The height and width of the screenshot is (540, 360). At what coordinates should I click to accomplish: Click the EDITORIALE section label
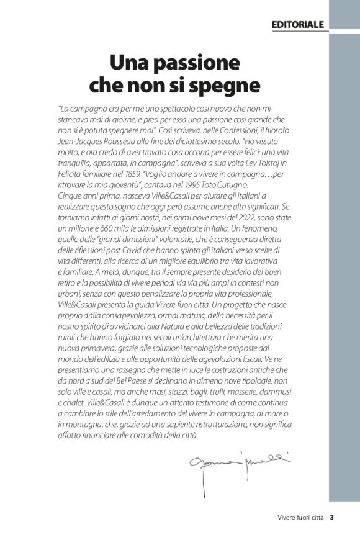[298, 24]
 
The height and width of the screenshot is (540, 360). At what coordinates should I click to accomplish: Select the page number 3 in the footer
[332, 517]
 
